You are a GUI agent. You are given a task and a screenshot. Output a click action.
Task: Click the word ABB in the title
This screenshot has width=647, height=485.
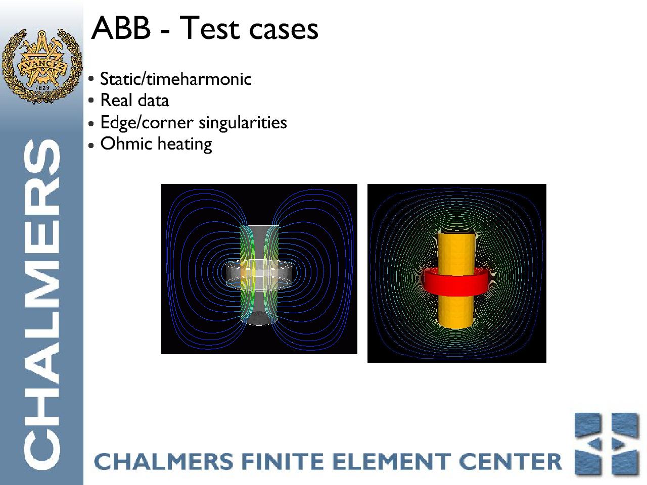coord(121,29)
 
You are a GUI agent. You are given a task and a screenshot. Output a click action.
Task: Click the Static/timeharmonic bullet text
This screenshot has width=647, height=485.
coord(176,79)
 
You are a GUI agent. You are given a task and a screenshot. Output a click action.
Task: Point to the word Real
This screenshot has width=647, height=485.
coord(116,101)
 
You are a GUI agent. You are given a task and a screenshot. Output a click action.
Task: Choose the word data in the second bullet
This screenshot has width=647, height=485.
coord(153,101)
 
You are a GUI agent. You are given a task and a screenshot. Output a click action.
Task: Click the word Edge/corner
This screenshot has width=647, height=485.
coord(147,123)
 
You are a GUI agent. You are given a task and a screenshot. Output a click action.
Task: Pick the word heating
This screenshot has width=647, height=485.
coord(185,144)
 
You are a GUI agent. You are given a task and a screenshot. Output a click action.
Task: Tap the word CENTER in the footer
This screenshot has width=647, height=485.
coord(510,461)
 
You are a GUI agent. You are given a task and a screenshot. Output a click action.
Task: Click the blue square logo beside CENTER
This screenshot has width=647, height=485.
coord(607,445)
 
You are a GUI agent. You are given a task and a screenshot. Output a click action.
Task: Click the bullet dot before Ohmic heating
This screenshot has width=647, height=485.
coord(91,145)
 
